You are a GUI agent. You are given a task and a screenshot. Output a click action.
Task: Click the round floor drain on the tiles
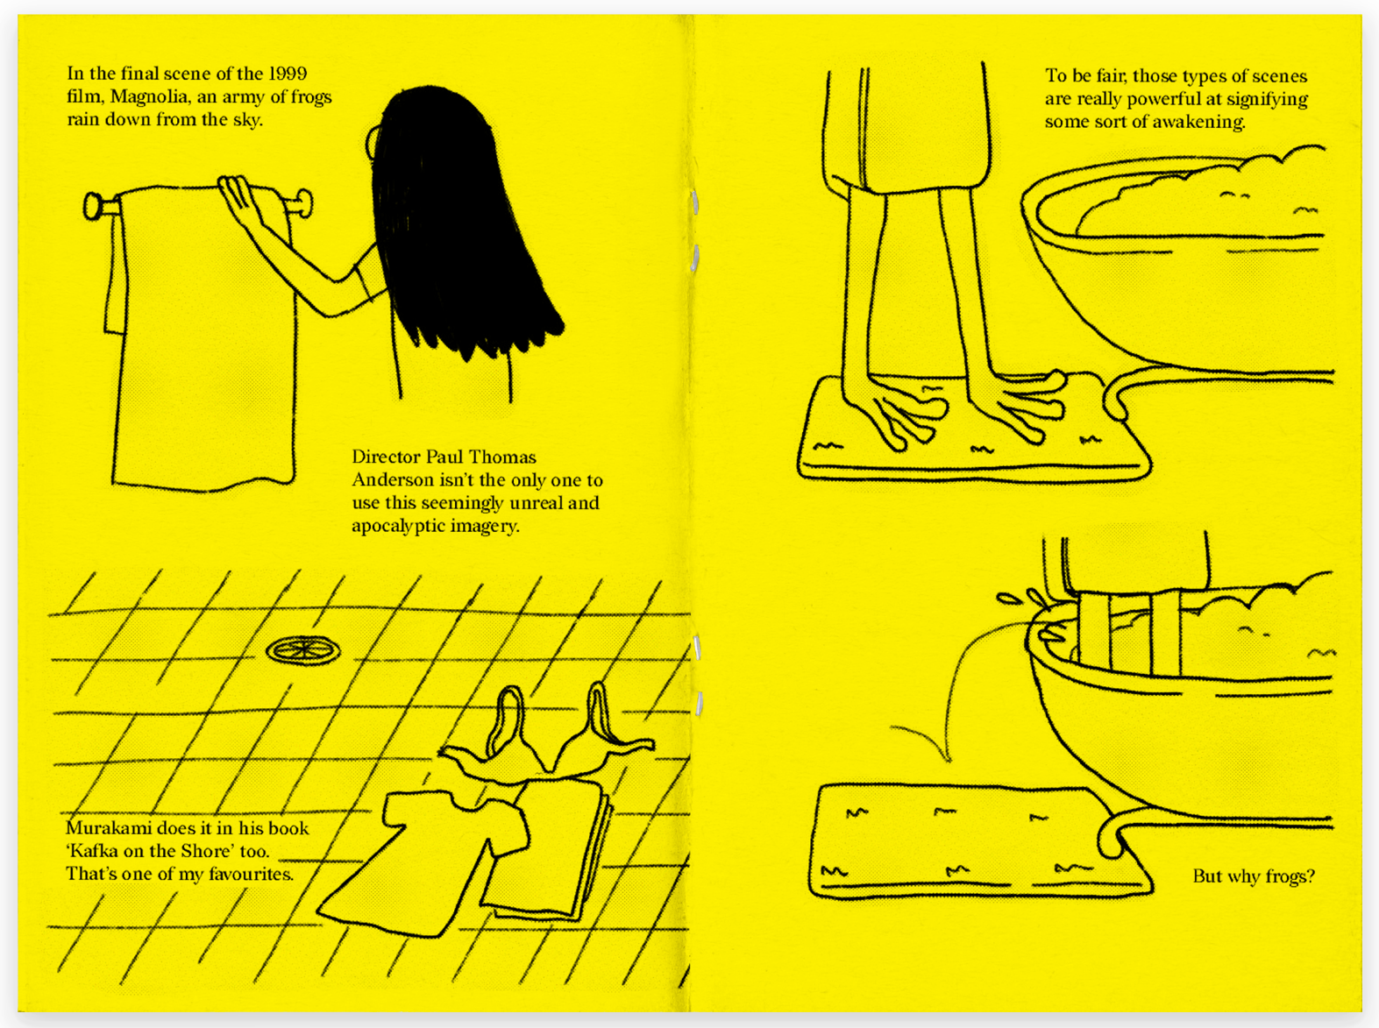[x=303, y=650]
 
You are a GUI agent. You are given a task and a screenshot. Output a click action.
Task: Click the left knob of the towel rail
[x=94, y=207]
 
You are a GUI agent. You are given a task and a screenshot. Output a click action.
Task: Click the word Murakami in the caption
[x=108, y=828]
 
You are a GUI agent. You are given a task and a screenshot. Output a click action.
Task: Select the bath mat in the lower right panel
[x=980, y=840]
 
